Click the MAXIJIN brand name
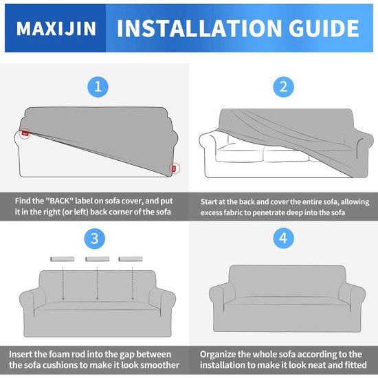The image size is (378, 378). (56, 29)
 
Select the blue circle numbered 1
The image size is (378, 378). (98, 87)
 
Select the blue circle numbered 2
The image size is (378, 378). (282, 87)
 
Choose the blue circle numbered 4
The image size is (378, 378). (282, 240)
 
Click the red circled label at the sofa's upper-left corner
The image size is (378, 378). (25, 133)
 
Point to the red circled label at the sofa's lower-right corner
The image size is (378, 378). (173, 167)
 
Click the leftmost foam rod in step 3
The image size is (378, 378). (63, 259)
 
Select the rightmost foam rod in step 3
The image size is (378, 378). (130, 259)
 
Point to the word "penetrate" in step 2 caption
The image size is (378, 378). (289, 214)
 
